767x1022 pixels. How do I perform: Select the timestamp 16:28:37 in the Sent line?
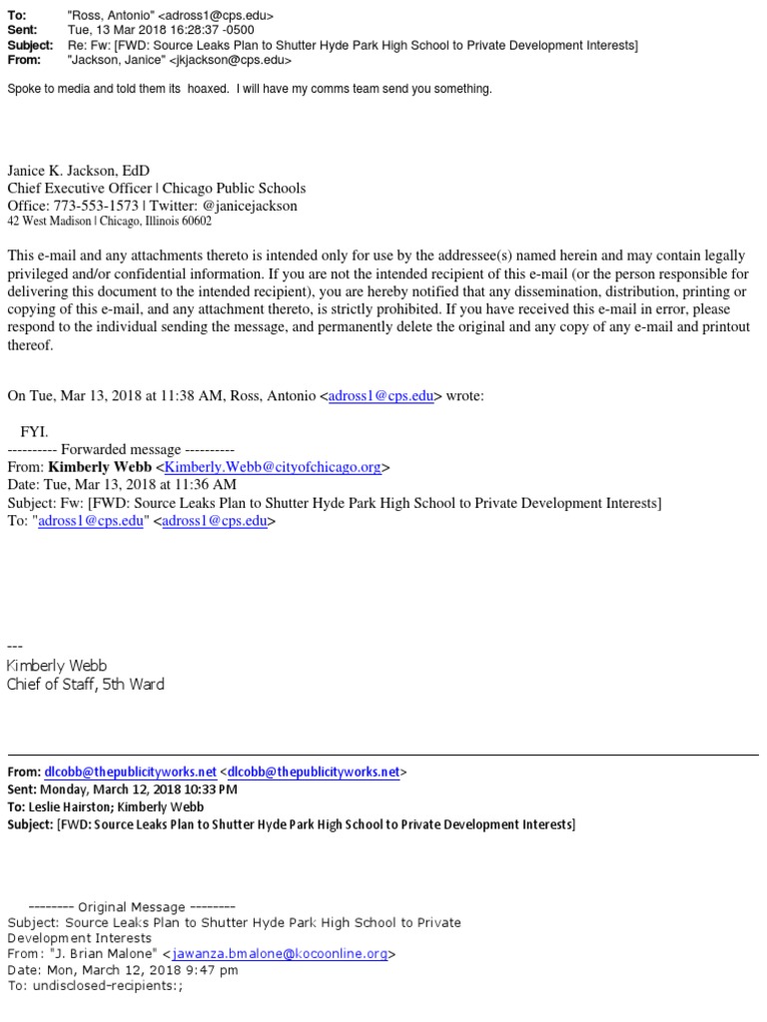click(x=193, y=31)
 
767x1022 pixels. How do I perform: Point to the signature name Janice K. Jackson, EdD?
click(x=79, y=171)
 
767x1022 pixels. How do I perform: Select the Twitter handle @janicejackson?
click(x=250, y=206)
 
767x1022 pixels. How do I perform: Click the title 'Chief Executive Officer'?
click(x=79, y=188)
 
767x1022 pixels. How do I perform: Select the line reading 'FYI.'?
click(x=34, y=431)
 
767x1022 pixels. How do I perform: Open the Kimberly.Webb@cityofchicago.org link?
click(x=273, y=467)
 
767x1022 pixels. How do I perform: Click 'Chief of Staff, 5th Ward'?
click(x=86, y=684)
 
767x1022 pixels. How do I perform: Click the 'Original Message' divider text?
click(x=131, y=906)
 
